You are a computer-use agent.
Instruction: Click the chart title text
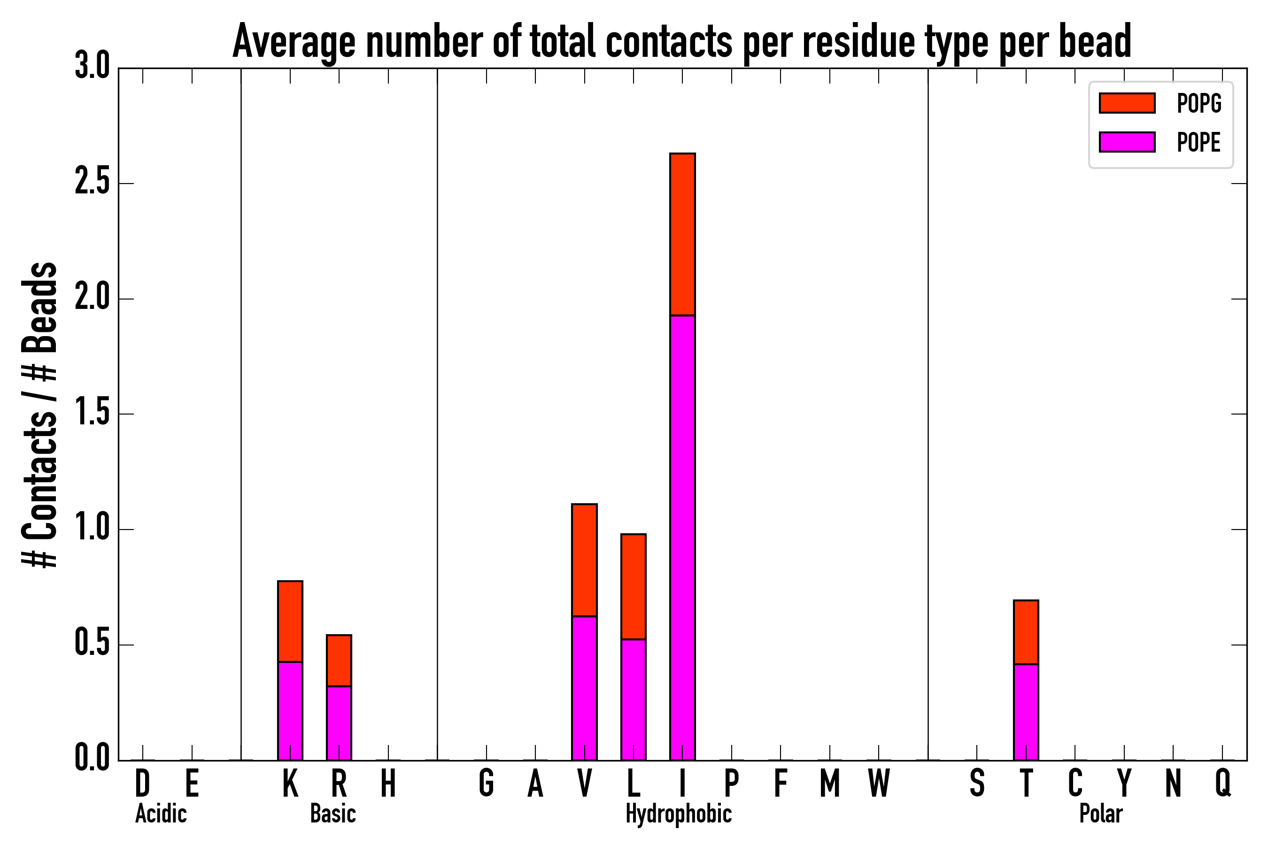coord(681,42)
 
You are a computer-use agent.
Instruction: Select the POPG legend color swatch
coord(1127,103)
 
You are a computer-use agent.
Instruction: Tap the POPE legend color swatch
coord(1127,142)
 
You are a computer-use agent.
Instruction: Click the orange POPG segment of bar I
coord(682,234)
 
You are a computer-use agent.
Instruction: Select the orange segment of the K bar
coord(290,622)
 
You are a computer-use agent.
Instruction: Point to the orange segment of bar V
coord(584,560)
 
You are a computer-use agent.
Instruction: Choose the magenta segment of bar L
coord(634,699)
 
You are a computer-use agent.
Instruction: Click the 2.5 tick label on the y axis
coord(92,183)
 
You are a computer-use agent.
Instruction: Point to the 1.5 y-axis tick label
coord(92,414)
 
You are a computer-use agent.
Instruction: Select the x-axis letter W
coord(879,783)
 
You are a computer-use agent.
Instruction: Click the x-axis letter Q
coord(1223,783)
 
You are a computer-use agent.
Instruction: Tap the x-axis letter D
coord(142,783)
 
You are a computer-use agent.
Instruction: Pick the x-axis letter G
coord(486,783)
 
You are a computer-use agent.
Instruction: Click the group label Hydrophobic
coord(679,814)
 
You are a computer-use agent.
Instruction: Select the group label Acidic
coord(161,814)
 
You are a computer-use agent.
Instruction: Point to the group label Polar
coord(1101,814)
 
